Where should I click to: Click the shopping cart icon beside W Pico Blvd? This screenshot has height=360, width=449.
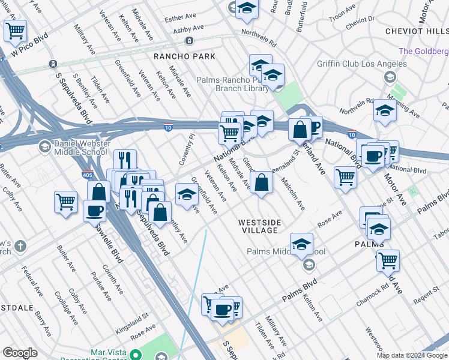point(15,30)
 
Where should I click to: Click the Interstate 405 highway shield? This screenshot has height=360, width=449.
point(88,175)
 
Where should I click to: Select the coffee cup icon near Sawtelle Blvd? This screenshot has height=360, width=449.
point(94,211)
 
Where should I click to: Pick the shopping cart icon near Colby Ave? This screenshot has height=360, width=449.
point(65,201)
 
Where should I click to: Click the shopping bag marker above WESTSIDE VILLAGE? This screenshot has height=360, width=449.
point(261,183)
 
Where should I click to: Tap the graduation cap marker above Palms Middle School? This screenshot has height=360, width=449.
point(301,244)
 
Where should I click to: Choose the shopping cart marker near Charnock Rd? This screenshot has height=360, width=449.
point(388,260)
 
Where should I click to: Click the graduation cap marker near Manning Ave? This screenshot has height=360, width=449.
point(385,110)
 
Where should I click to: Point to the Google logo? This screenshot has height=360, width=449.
point(20,353)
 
